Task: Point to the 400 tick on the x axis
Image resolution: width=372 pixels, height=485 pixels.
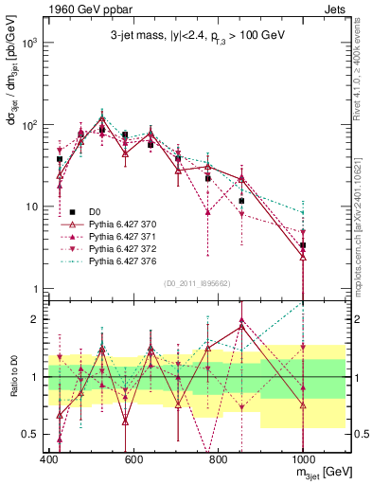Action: pos(49,459)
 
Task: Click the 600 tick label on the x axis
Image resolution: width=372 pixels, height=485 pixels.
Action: pos(133,459)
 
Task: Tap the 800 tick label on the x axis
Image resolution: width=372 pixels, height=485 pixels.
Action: pos(219,459)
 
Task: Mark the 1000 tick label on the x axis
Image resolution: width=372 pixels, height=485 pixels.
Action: pos(303,459)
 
